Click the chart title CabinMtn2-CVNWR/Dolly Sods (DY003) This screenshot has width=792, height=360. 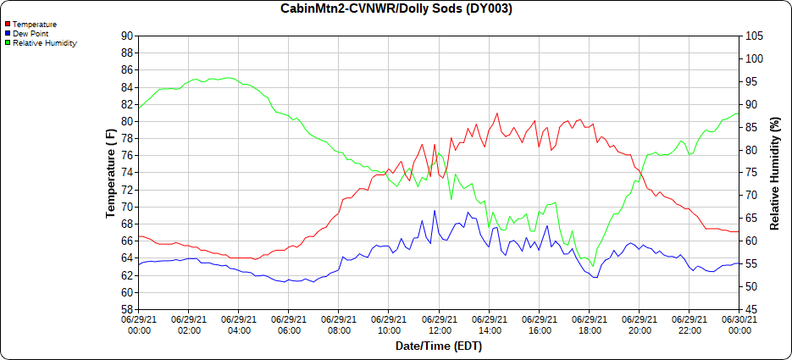(396, 8)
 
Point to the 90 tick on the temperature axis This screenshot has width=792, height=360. (127, 36)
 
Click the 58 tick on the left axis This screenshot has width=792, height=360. (127, 310)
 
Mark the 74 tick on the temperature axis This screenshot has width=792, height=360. (127, 173)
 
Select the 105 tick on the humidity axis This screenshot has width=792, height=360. (755, 36)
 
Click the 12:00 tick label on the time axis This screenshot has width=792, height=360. (439, 325)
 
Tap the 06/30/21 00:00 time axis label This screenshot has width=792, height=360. (739, 325)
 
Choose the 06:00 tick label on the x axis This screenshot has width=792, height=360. (289, 325)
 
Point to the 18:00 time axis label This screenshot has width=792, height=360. (589, 325)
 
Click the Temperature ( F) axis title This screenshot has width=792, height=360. (110, 173)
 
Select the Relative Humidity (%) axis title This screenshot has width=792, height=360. (774, 173)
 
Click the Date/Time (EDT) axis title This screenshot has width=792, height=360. (439, 346)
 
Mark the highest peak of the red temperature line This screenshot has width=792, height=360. (497, 113)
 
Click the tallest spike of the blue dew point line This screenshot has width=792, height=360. (435, 211)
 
